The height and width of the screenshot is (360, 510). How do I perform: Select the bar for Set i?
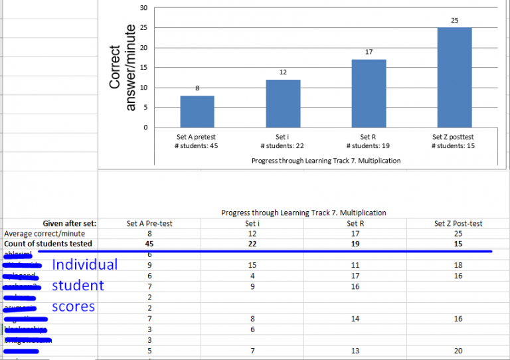[283, 104]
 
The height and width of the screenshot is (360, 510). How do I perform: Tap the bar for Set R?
[369, 94]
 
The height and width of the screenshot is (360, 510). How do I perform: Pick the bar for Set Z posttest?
[454, 78]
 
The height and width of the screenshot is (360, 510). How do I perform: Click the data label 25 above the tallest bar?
[454, 21]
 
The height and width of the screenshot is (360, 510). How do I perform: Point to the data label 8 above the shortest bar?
[197, 88]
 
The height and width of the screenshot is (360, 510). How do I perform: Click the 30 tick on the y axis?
[144, 7]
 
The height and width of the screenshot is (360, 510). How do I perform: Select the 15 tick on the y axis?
[144, 68]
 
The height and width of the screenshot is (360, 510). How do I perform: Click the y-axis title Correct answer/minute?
[122, 67]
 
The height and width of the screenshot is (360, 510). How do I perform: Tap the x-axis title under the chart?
[326, 161]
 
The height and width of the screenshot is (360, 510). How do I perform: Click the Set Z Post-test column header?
[458, 224]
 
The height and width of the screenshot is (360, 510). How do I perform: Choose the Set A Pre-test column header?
[149, 224]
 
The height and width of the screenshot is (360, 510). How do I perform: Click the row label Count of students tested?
[47, 244]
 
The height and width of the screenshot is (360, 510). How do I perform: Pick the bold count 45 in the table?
[149, 244]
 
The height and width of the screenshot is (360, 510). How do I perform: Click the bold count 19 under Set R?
[354, 244]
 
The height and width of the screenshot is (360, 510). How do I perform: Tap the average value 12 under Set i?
[252, 234]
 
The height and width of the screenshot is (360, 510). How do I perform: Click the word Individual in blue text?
[84, 264]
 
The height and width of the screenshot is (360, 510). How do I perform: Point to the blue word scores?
[73, 307]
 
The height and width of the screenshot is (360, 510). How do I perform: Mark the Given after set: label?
[70, 224]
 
